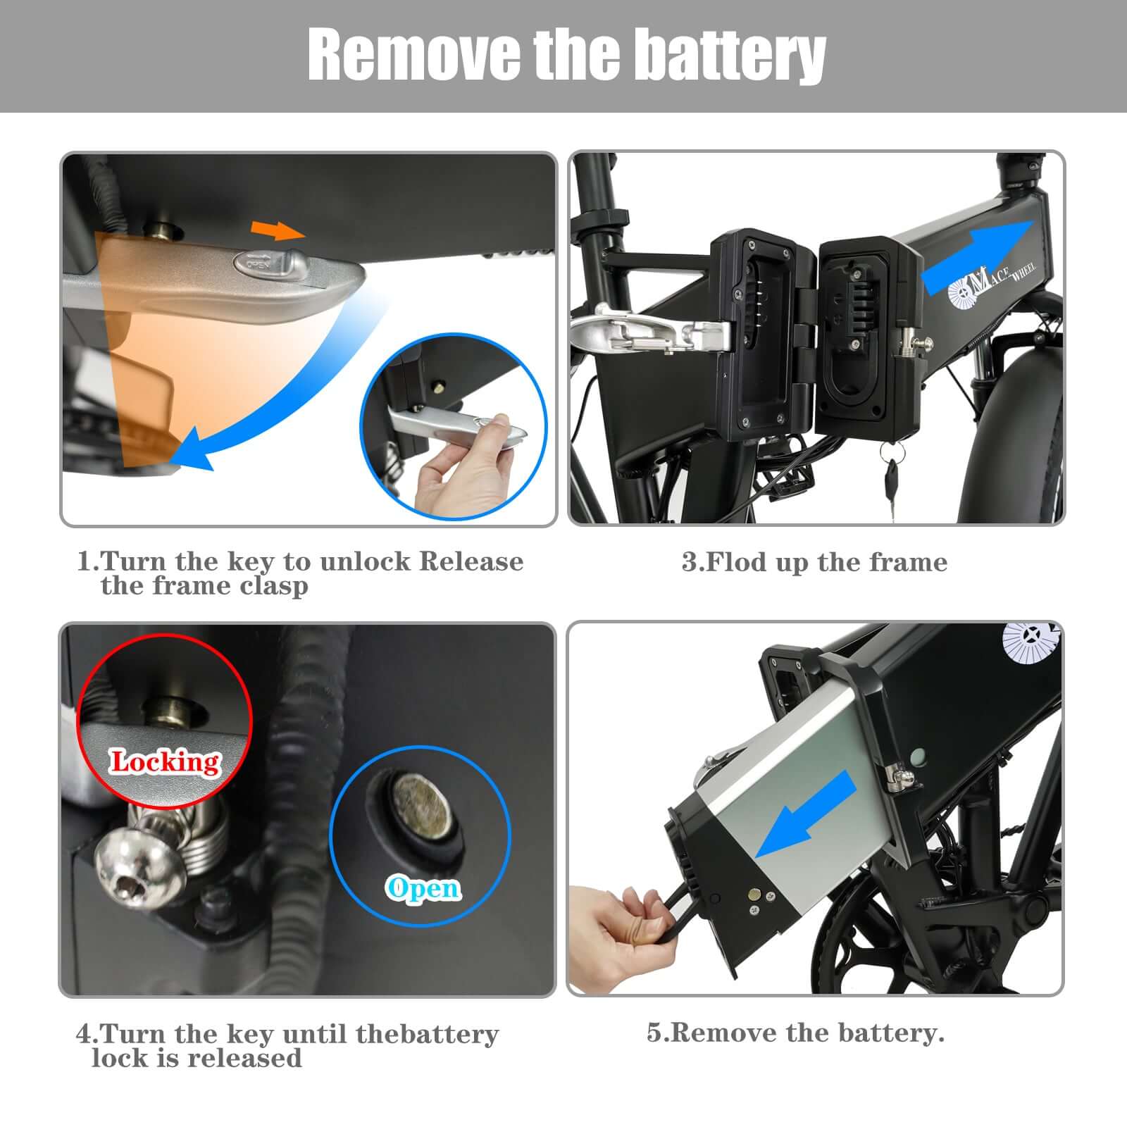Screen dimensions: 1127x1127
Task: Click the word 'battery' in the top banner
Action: [x=729, y=55]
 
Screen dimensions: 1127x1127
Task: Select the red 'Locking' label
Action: [x=165, y=761]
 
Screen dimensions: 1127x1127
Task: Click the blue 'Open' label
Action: [x=423, y=888]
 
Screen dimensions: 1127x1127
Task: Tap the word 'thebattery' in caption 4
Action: [x=427, y=1034]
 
